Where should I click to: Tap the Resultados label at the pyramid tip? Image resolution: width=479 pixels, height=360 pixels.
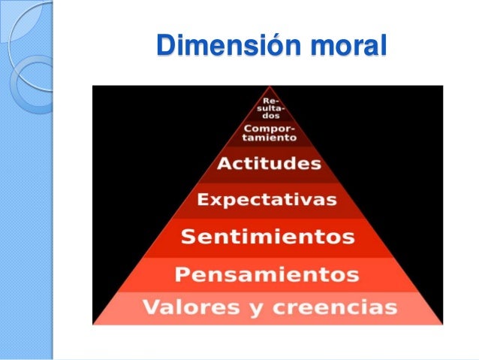pos(267,109)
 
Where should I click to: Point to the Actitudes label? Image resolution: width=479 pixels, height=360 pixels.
pos(268,165)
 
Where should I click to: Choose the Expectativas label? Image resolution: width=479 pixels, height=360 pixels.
pos(267,201)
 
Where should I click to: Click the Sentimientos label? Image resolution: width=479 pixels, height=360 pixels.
pos(267,237)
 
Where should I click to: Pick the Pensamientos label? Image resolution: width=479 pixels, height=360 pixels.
pos(267,274)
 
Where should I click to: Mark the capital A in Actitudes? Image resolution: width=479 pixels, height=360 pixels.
pos(222,165)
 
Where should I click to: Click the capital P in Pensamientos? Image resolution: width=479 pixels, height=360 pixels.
pos(180,274)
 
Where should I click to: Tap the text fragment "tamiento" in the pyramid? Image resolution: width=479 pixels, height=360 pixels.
pos(268,138)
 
